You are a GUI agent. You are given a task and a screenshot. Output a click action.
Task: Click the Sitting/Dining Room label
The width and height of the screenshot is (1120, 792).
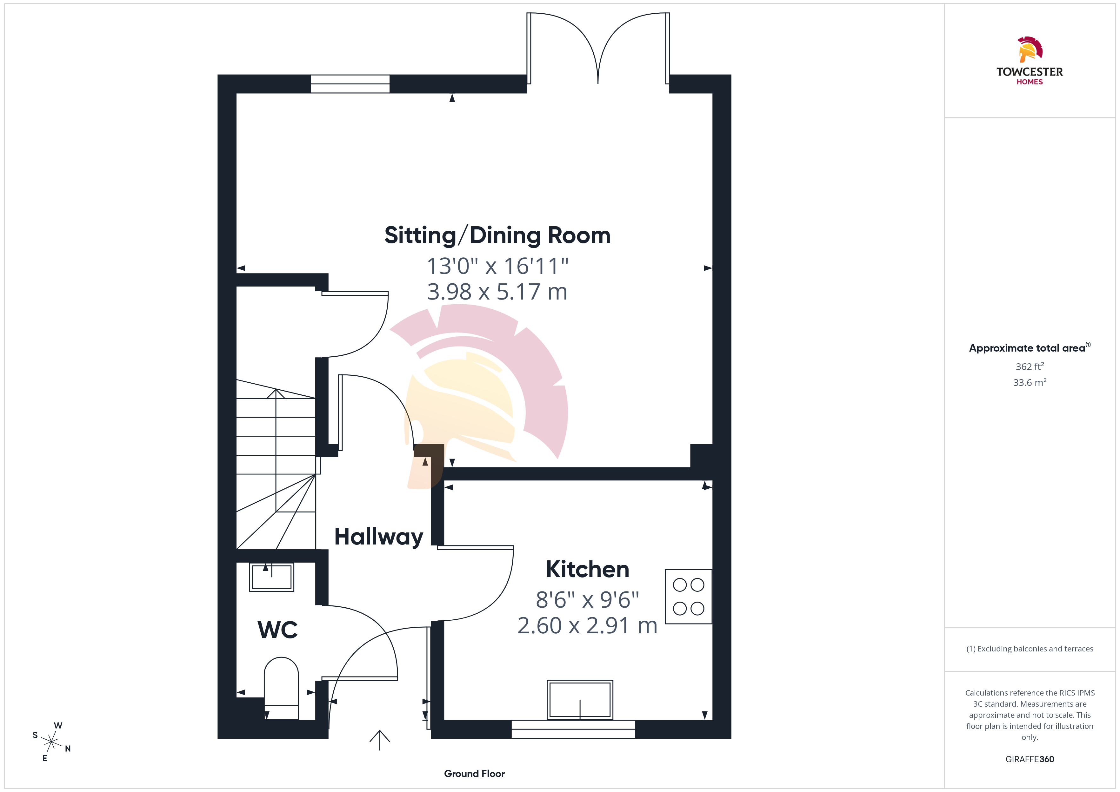tap(497, 235)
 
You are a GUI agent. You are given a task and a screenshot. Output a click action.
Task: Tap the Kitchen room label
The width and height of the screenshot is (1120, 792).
tap(587, 569)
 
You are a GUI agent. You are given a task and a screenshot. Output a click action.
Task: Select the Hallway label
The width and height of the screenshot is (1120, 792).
tap(378, 537)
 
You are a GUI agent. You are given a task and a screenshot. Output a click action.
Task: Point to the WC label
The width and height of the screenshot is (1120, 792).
tap(277, 630)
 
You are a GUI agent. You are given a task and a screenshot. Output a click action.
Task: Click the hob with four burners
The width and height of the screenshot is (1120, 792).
tap(688, 597)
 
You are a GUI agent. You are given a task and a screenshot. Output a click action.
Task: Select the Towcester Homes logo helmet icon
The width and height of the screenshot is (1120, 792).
tap(1030, 49)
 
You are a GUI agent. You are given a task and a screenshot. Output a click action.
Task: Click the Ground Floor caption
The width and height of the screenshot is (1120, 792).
tap(474, 774)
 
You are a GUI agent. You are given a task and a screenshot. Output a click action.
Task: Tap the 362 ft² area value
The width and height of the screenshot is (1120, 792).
tap(1030, 366)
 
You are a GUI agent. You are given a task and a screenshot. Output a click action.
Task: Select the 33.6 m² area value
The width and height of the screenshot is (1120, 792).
tap(1030, 382)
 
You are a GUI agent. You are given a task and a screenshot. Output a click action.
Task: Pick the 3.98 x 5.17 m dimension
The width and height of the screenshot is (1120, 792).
tap(497, 292)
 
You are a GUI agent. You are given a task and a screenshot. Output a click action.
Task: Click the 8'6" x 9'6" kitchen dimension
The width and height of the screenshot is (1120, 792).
tap(587, 600)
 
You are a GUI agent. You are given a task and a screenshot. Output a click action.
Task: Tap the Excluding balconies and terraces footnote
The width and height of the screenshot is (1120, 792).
tap(1030, 649)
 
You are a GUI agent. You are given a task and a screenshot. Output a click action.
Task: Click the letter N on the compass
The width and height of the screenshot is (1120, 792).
tap(68, 749)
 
